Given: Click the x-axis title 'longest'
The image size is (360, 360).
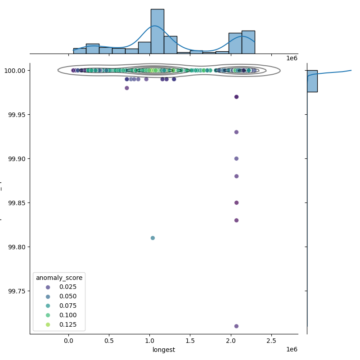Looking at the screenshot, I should tap(164, 350).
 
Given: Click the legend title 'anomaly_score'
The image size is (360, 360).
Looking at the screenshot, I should tap(59, 278).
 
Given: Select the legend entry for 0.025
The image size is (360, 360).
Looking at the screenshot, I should tap(59, 287).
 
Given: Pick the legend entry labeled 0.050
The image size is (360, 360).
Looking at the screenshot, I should tap(59, 297).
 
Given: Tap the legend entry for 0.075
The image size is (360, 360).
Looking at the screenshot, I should tap(59, 306).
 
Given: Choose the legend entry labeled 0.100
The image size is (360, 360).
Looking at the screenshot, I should tap(59, 315).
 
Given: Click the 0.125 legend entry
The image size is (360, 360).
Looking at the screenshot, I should tap(59, 325).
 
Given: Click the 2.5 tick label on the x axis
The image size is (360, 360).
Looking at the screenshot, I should tap(271, 341).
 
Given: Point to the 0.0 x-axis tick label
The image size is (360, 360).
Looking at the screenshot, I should tap(68, 341).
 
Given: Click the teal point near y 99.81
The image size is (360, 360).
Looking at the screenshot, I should tap(153, 238).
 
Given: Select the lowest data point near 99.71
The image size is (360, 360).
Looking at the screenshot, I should tap(236, 326).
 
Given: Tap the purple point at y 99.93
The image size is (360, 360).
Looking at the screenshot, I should tap(236, 132).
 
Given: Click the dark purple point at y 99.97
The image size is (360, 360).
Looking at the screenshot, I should tap(236, 97).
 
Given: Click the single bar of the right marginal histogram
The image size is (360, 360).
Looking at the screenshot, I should tap(312, 81).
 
